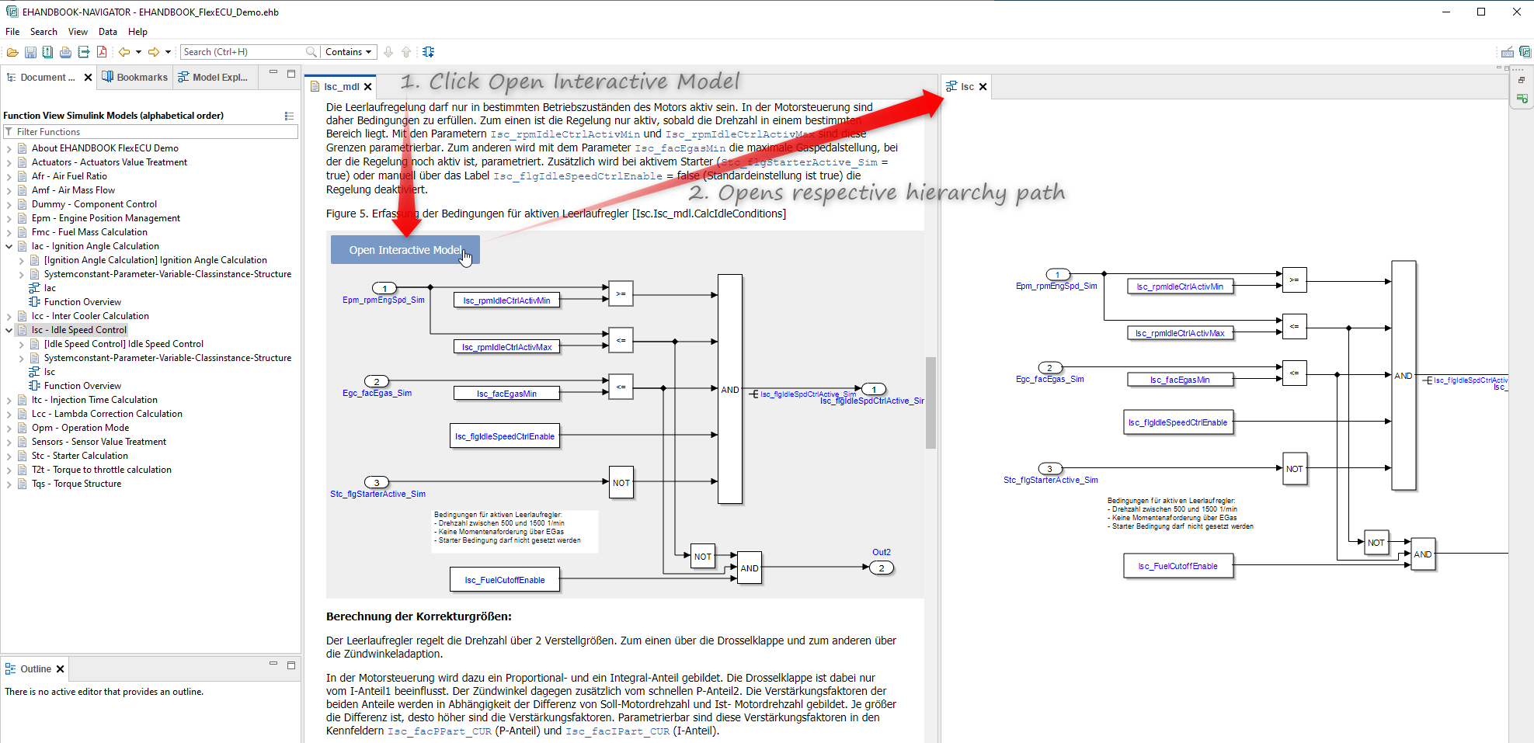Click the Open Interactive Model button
pyautogui.click(x=405, y=250)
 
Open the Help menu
pyautogui.click(x=137, y=32)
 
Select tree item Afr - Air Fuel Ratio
pyautogui.click(x=69, y=176)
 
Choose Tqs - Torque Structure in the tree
pyautogui.click(x=76, y=484)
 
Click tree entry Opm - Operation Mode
pyautogui.click(x=80, y=428)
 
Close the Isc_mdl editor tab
pyautogui.click(x=368, y=87)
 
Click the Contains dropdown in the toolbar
pyautogui.click(x=349, y=52)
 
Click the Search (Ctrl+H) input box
pyautogui.click(x=243, y=52)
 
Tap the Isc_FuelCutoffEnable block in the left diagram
pyautogui.click(x=505, y=580)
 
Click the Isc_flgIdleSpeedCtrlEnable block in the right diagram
pyautogui.click(x=1177, y=422)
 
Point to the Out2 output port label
pyautogui.click(x=882, y=552)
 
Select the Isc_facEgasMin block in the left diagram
pyautogui.click(x=506, y=394)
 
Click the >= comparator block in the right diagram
pyautogui.click(x=1294, y=279)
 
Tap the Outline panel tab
pyautogui.click(x=36, y=669)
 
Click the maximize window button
pyautogui.click(x=1481, y=12)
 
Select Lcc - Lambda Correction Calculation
pyautogui.click(x=106, y=414)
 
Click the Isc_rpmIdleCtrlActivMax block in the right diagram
pyautogui.click(x=1179, y=333)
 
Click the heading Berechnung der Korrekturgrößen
pyautogui.click(x=419, y=616)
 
